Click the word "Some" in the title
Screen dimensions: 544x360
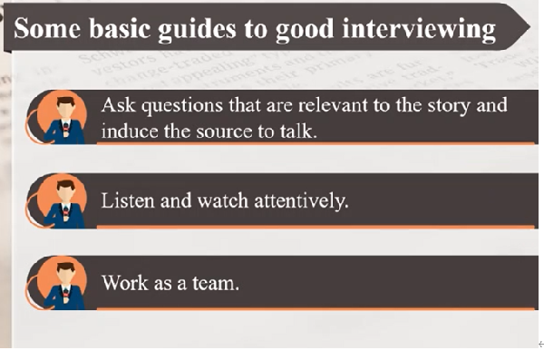click(47, 28)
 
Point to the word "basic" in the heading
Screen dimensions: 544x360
click(120, 28)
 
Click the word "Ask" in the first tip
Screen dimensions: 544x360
click(118, 105)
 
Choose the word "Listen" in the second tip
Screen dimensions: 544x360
click(128, 200)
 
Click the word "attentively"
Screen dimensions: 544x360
click(300, 201)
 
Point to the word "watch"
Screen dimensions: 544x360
click(223, 200)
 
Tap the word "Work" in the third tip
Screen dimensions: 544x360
click(125, 283)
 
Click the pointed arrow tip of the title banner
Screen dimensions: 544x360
click(529, 26)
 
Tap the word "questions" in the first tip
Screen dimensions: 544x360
click(182, 106)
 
